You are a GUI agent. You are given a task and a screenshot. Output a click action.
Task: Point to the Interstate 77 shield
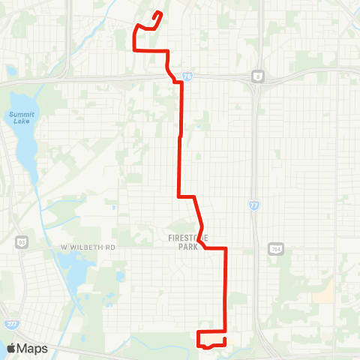point(253,205)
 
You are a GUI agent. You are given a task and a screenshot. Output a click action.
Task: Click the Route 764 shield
point(275,248)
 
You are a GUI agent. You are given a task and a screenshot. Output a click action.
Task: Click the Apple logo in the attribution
point(11,348)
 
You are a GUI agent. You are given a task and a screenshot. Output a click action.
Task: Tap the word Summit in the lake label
point(21,115)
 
